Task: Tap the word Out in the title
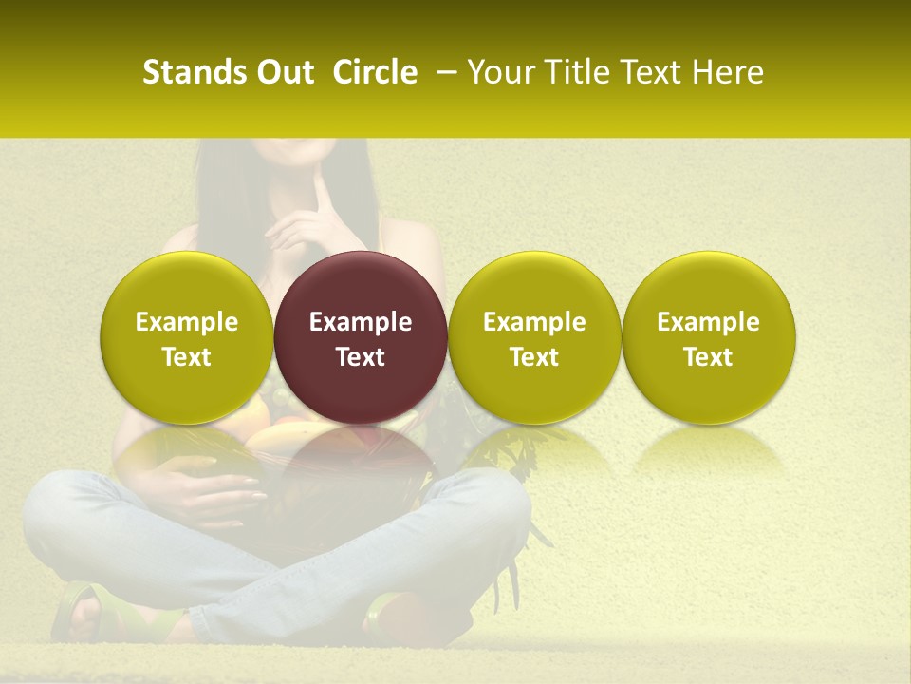point(284,72)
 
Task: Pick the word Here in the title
point(728,72)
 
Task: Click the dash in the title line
point(443,73)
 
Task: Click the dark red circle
point(361,337)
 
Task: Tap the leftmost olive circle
point(187,337)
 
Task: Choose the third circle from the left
point(534,337)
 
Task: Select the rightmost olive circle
point(708,337)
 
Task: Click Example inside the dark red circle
point(361,322)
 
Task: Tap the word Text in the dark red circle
point(361,357)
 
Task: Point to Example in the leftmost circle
point(187,322)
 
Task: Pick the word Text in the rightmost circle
point(708,357)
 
